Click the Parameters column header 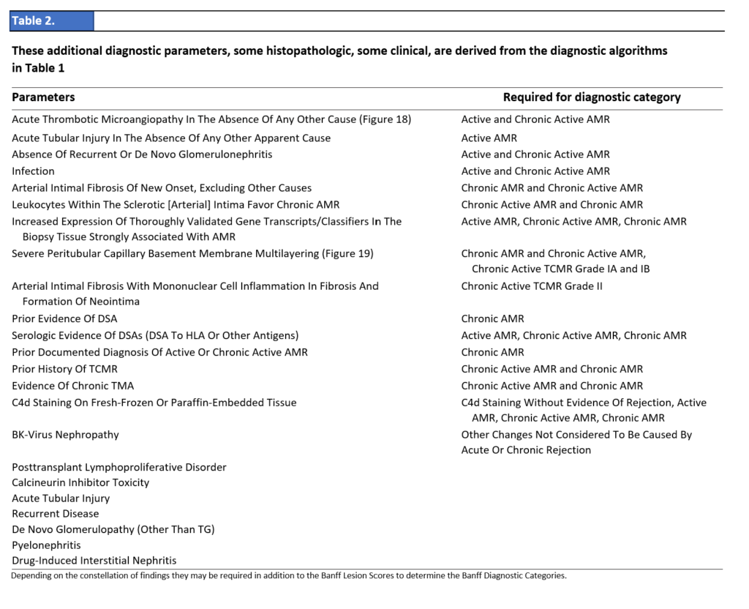(x=43, y=97)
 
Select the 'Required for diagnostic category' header (x=591, y=97)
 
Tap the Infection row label (x=33, y=171)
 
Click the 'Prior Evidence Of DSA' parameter (x=64, y=319)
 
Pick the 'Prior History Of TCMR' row (x=64, y=369)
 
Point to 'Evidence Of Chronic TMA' (x=72, y=386)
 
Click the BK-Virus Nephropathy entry (x=65, y=435)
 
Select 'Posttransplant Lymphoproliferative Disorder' (x=119, y=467)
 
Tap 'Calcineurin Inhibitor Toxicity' (x=80, y=483)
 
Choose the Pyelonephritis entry (x=46, y=545)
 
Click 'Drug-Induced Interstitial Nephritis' (x=94, y=561)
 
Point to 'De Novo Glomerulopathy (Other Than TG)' (x=113, y=529)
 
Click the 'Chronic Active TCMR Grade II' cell (x=532, y=286)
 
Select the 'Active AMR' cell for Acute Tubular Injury (x=489, y=138)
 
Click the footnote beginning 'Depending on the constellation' (x=289, y=575)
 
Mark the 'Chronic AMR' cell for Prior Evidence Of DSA (x=492, y=319)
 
